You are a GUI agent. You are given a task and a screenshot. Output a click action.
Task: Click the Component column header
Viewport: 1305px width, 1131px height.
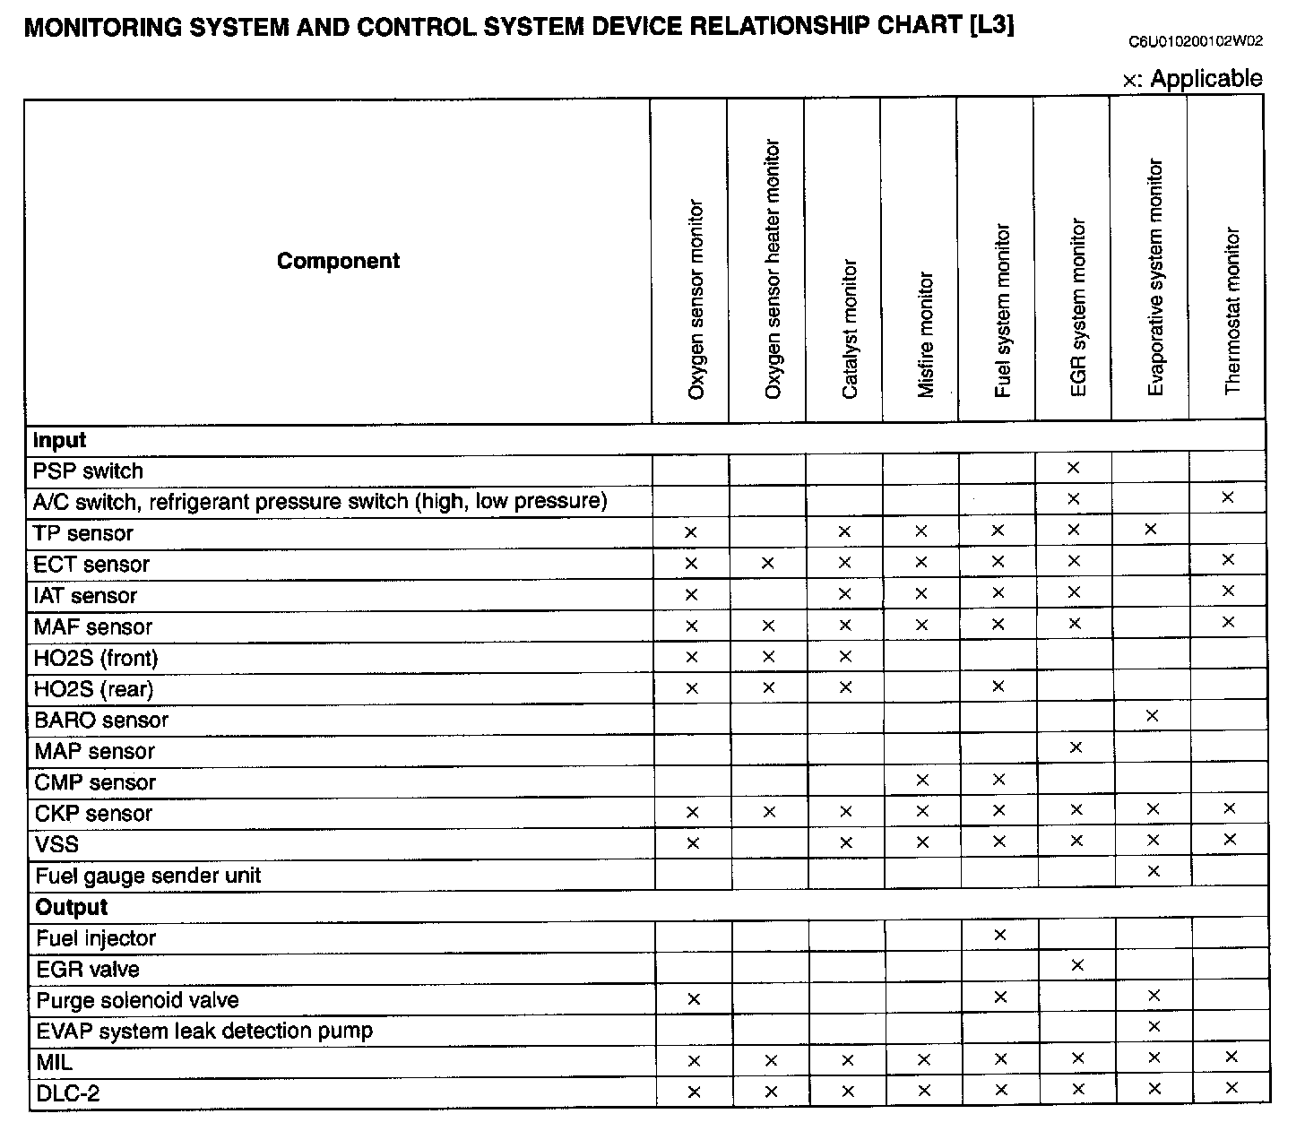(338, 261)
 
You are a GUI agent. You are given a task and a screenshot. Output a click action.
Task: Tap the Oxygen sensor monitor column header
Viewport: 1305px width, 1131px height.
(696, 299)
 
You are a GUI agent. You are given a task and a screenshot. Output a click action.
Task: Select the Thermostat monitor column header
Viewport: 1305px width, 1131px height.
(1232, 311)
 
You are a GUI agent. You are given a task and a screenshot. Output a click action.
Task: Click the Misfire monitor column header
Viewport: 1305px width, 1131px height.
(926, 334)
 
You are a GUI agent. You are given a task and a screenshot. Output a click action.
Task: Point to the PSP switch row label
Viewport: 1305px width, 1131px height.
(88, 471)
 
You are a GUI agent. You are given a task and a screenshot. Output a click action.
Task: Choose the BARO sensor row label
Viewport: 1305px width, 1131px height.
(101, 721)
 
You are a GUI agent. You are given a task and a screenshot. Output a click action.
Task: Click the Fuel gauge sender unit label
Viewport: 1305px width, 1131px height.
(148, 876)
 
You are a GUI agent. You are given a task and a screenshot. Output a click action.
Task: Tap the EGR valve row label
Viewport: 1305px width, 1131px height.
(88, 970)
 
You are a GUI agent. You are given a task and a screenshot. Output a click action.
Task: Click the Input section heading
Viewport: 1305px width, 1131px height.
(59, 440)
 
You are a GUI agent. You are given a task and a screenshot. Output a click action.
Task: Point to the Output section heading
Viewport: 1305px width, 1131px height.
(72, 907)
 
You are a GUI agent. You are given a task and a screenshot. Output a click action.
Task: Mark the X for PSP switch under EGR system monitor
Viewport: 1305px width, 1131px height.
(1073, 468)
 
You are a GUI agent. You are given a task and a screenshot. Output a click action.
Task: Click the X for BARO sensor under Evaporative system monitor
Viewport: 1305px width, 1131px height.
(1153, 716)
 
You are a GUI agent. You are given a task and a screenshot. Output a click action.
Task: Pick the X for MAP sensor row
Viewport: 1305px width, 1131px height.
(1076, 747)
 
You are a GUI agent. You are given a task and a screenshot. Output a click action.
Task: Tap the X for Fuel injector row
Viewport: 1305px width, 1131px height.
(1000, 935)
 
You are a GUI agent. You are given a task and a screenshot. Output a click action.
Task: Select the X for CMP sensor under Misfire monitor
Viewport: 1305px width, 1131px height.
(923, 780)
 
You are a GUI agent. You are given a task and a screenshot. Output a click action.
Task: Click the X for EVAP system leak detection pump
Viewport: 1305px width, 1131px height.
(1154, 1026)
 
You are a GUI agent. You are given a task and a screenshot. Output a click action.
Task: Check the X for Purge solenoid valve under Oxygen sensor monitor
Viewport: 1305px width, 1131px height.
(693, 998)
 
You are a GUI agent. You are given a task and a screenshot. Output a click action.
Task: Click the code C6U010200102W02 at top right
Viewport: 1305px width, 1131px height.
(1196, 41)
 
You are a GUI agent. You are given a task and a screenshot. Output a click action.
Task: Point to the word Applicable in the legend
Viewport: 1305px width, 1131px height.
(1206, 79)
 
